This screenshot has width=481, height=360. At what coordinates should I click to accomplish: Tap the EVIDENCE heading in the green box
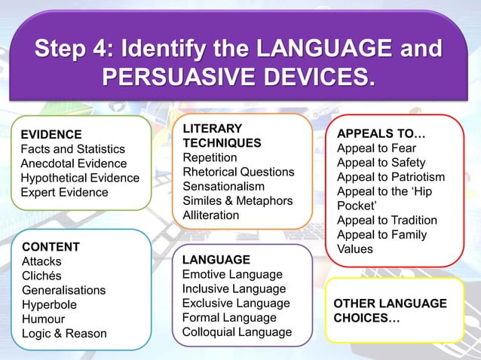click(51, 135)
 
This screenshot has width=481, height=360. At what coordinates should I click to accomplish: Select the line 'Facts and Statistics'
click(72, 149)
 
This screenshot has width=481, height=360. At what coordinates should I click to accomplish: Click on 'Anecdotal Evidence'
click(74, 163)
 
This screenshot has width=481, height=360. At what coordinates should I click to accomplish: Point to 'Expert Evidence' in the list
click(64, 192)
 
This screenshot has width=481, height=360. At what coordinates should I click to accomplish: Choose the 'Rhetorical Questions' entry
click(238, 172)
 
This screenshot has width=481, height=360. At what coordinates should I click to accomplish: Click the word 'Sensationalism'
click(224, 186)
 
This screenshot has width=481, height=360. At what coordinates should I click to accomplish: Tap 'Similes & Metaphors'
click(237, 200)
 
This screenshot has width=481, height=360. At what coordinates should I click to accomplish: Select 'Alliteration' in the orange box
click(211, 215)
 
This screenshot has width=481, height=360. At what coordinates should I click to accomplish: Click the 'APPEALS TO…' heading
click(381, 134)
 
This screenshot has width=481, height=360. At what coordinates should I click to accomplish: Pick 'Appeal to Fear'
click(376, 148)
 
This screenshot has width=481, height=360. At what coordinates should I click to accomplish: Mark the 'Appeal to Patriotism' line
click(391, 177)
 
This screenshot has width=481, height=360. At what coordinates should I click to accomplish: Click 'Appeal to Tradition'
click(387, 220)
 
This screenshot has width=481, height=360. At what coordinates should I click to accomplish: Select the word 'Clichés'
click(42, 276)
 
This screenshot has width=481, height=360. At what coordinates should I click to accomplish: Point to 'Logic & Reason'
click(64, 333)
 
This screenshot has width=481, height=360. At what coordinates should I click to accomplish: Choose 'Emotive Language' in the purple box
click(232, 274)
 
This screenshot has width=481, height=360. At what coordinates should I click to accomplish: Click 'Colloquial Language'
click(237, 331)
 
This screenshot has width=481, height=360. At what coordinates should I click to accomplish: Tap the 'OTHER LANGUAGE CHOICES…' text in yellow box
click(390, 311)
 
